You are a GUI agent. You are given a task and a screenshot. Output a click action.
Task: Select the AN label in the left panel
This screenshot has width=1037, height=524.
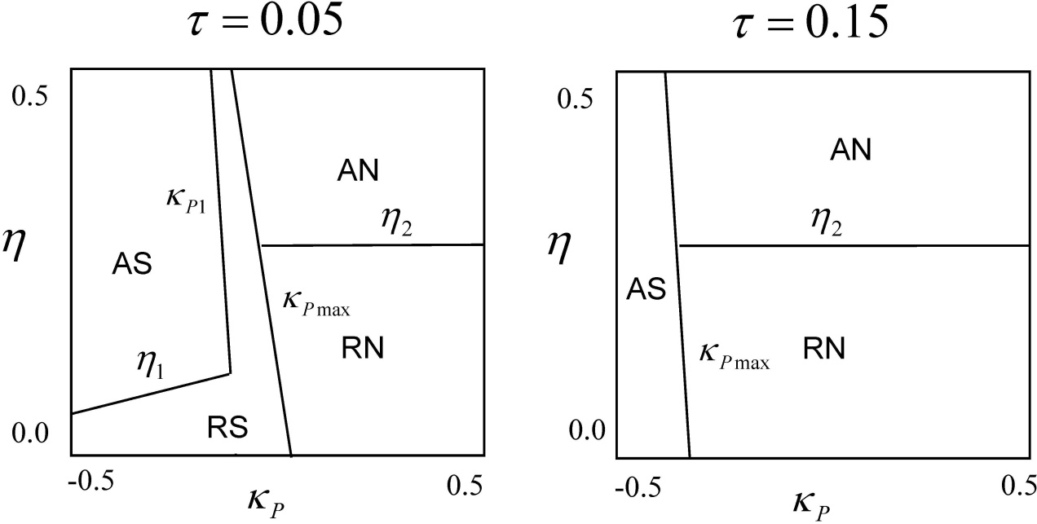pyautogui.click(x=360, y=170)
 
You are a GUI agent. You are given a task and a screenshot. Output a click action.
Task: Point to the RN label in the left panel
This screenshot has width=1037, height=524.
pyautogui.click(x=363, y=349)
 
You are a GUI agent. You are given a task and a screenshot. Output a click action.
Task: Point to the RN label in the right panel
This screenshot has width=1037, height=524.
pyautogui.click(x=823, y=349)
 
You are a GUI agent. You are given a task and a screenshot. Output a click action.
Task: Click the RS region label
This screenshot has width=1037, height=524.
pyautogui.click(x=227, y=426)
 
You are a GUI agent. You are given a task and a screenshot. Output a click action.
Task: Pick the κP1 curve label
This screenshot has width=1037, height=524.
pyautogui.click(x=188, y=200)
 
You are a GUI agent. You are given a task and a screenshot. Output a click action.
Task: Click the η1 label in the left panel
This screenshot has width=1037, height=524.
pyautogui.click(x=150, y=368)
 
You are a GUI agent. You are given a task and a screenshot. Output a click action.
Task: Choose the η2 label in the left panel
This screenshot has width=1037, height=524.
pyautogui.click(x=396, y=221)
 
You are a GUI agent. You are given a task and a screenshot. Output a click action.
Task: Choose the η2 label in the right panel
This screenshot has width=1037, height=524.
pyautogui.click(x=826, y=221)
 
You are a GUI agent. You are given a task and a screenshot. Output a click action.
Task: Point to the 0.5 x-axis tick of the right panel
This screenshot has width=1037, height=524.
pyautogui.click(x=1017, y=485)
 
